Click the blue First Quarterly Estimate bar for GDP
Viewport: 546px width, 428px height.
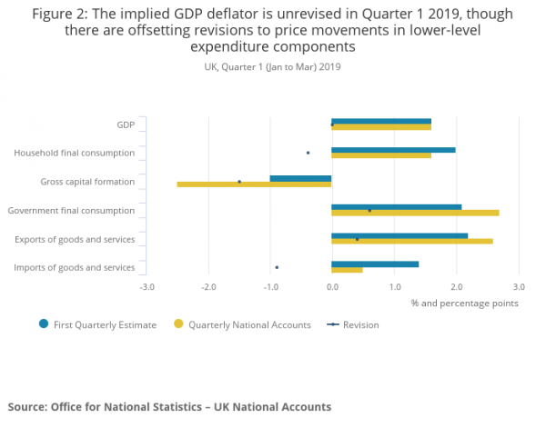[x=381, y=121]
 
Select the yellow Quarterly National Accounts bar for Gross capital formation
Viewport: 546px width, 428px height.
[x=254, y=184]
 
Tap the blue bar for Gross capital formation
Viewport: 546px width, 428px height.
[x=300, y=178]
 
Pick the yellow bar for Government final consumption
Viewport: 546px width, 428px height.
[x=415, y=213]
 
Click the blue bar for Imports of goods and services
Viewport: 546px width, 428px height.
[x=375, y=264]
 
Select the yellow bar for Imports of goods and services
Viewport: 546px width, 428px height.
[x=347, y=270]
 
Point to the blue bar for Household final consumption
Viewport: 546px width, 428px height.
[x=393, y=149]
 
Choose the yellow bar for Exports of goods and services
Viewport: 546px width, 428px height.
[x=412, y=241]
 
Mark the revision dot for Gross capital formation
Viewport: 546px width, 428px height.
[x=239, y=182]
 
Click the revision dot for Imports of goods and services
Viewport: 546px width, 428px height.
[x=277, y=267]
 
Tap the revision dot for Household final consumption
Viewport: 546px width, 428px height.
[x=308, y=153]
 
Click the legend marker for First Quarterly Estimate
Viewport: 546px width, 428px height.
[x=43, y=324]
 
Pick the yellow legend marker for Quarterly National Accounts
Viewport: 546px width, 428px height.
[x=178, y=324]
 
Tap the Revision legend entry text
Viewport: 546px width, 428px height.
[x=361, y=324]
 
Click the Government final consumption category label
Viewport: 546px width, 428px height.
[x=71, y=211]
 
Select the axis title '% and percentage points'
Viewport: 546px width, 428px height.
[x=464, y=303]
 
